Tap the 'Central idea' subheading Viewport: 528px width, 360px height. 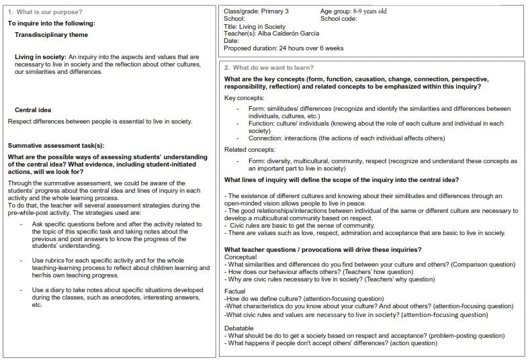tap(33, 109)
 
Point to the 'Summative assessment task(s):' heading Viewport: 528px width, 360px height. tap(56, 146)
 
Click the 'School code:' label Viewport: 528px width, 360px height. tap(339, 19)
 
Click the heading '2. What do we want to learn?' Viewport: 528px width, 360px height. tap(269, 67)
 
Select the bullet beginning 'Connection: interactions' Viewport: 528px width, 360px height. tap(343, 138)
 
